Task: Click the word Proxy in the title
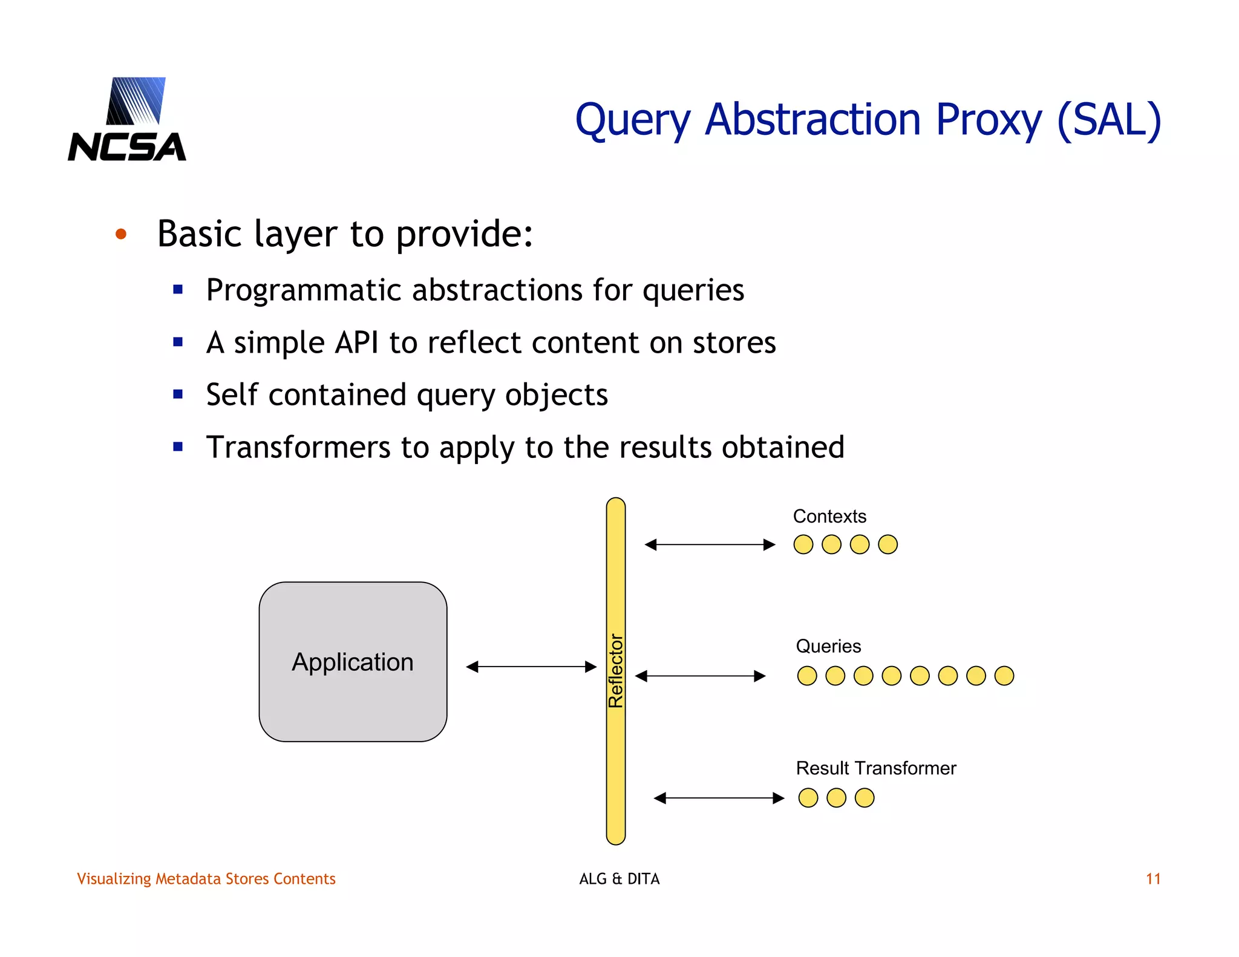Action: tap(989, 120)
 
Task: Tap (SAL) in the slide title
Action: tap(1109, 120)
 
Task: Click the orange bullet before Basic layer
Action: tap(121, 234)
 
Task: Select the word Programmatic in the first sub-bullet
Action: tap(304, 290)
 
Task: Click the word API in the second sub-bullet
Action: tap(356, 343)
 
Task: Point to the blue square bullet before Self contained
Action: tap(178, 395)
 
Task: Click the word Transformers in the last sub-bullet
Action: tap(298, 448)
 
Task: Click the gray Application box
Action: tap(353, 662)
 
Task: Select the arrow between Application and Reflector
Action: tap(531, 667)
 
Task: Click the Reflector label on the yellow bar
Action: tap(616, 670)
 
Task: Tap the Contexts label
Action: tap(829, 517)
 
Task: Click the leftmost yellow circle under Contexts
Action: tap(803, 544)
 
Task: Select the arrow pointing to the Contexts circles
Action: tap(710, 544)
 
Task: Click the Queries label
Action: tap(828, 647)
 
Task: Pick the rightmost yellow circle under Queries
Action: tap(1004, 676)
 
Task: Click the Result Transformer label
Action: tap(875, 768)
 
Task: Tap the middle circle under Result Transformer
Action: tap(836, 798)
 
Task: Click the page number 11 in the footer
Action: tap(1153, 879)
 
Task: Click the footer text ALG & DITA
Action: tap(619, 879)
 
